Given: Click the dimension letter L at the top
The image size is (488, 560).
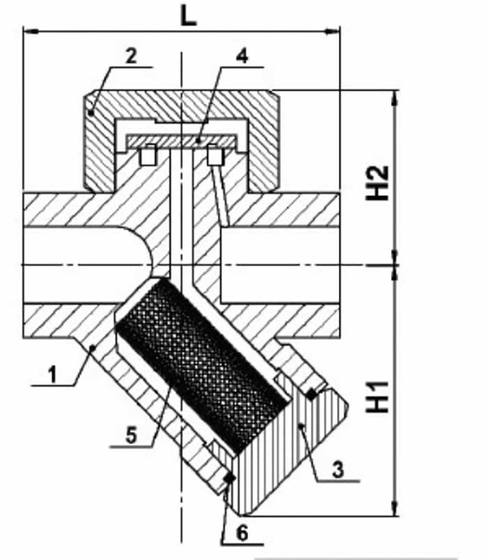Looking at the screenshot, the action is click(188, 17).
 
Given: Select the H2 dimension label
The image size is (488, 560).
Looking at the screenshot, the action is click(377, 183).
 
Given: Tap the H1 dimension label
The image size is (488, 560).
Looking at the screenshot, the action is click(377, 396).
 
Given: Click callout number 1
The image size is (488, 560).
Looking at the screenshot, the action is click(52, 374).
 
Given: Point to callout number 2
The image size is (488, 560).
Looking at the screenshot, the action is click(131, 56).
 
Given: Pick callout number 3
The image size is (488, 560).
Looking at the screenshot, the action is click(337, 469).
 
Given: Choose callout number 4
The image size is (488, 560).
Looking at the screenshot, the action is click(242, 56).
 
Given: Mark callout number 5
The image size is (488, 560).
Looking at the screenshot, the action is click(131, 435).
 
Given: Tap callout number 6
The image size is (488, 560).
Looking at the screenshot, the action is click(242, 533).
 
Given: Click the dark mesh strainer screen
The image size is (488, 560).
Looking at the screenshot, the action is click(202, 364).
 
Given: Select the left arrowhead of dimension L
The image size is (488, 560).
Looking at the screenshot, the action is click(31, 32).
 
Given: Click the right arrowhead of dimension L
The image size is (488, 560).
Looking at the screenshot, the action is click(333, 32).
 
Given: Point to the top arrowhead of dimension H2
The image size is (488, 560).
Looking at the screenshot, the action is click(395, 98).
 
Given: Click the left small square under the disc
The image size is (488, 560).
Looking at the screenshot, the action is click(147, 155).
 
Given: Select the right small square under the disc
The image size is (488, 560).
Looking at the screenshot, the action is click(215, 155).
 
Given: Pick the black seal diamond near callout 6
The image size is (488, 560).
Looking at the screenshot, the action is click(229, 477).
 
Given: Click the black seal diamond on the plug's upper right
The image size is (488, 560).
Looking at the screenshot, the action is click(312, 394).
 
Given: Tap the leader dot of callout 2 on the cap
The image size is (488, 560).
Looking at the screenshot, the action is click(91, 113).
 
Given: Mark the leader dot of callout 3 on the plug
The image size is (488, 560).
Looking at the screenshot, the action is click(302, 425).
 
